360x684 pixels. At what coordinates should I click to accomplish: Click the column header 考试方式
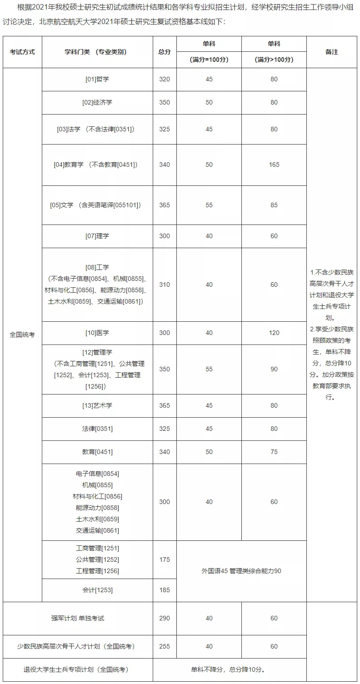[x=22, y=52]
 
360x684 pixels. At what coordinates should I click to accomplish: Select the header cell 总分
[x=165, y=52]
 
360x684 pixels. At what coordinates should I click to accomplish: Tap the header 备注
[x=332, y=52]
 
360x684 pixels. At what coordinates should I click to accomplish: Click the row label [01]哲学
[x=97, y=79]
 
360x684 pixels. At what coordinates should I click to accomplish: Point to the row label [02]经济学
[x=97, y=102]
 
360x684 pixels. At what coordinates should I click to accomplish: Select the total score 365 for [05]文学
[x=165, y=205]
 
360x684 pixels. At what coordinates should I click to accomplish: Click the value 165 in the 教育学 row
[x=274, y=165]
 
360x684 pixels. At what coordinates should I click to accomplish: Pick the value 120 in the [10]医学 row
[x=274, y=333]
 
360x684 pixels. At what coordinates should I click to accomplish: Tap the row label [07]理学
[x=97, y=236]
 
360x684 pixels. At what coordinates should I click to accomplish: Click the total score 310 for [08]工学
[x=165, y=285]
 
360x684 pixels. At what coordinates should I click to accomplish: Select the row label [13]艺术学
[x=97, y=405]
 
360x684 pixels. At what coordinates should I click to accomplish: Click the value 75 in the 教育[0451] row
[x=274, y=452]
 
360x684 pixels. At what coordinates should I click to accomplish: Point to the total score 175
[x=165, y=559]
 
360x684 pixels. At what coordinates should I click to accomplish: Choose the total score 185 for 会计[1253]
[x=165, y=590]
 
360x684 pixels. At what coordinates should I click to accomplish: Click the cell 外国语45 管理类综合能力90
[x=241, y=571]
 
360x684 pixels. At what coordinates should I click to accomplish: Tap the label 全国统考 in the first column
[x=22, y=335]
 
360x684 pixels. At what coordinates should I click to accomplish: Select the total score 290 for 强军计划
[x=165, y=618]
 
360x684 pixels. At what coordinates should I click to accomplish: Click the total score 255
[x=165, y=646]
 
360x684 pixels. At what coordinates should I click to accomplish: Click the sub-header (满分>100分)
[x=274, y=60]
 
